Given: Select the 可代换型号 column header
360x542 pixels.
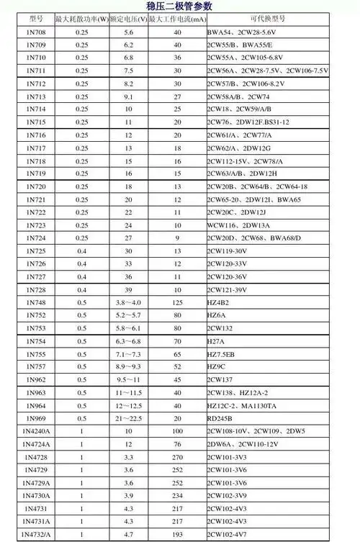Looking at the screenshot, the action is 267,17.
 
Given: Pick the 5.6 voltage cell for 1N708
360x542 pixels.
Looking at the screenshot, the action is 128,32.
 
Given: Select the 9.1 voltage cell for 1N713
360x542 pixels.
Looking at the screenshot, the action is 128,96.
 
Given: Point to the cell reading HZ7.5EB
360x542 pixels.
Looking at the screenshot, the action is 222,354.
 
